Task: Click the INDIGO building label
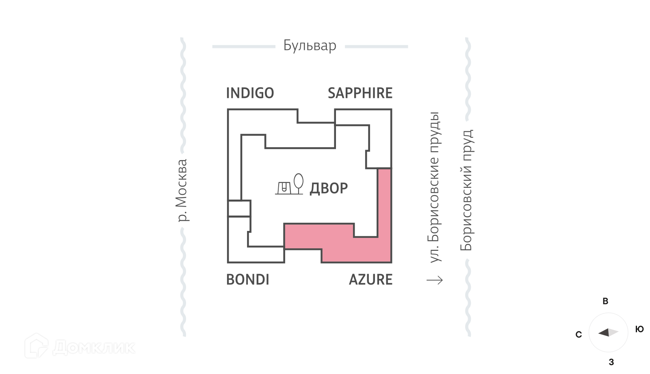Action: click(x=250, y=93)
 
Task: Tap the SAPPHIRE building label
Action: click(x=360, y=93)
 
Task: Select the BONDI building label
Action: click(x=247, y=280)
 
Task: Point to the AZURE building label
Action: click(x=370, y=280)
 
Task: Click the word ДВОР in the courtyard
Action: click(x=329, y=188)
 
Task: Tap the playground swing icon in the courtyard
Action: click(x=284, y=188)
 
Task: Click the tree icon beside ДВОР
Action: click(x=298, y=183)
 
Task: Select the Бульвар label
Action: click(x=310, y=46)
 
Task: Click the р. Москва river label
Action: click(x=182, y=191)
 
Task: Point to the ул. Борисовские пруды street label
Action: click(x=434, y=187)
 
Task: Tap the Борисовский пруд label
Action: click(x=466, y=190)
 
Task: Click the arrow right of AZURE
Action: click(x=435, y=280)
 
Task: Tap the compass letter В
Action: click(x=605, y=301)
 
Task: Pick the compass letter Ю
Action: click(x=639, y=329)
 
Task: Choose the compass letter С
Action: click(x=578, y=335)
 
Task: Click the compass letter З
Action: click(x=611, y=362)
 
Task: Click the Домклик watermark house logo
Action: click(x=36, y=346)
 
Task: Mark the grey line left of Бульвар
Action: click(x=244, y=46)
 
